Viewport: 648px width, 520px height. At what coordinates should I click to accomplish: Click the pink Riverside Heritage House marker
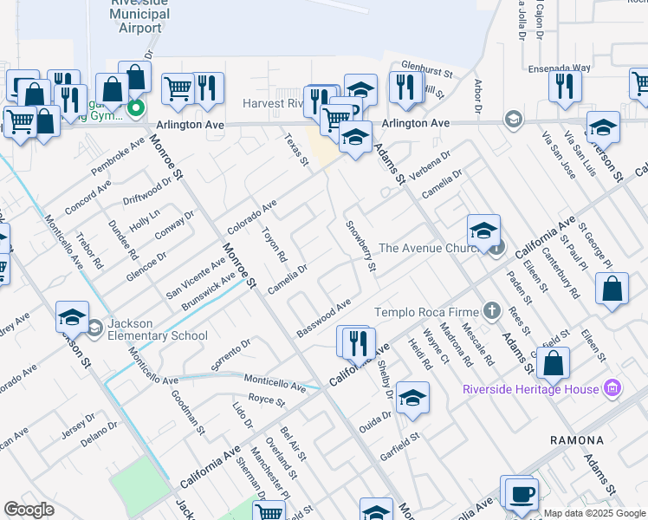(612, 388)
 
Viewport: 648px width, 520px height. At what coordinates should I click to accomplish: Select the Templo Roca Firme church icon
(492, 311)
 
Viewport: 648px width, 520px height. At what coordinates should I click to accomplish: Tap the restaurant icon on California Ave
(358, 342)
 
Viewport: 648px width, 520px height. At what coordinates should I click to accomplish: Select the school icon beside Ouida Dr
(413, 398)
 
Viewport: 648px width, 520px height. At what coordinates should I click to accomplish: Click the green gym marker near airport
(135, 108)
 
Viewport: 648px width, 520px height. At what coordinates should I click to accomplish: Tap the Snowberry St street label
(361, 246)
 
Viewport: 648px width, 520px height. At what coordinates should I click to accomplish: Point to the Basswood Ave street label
(323, 318)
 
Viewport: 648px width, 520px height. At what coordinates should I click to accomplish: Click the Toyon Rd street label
(274, 244)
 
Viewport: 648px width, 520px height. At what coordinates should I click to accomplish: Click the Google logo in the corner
(29, 510)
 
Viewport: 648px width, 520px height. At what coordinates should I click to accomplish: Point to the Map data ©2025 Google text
(593, 514)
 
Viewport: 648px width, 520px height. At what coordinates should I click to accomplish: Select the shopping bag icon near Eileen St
(612, 291)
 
